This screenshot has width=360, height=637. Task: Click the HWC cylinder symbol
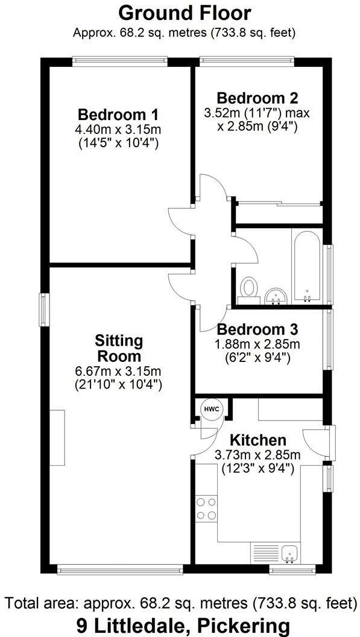click(x=212, y=409)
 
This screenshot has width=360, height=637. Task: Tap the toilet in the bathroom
click(x=247, y=289)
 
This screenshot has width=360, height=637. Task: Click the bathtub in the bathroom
click(x=308, y=265)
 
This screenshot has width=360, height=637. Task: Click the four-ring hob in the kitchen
click(x=206, y=508)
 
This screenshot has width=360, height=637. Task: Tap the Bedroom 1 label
click(x=118, y=115)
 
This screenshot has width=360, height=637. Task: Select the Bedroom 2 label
click(x=257, y=98)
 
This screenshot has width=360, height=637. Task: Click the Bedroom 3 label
click(x=257, y=330)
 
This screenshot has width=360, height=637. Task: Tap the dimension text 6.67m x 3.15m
click(x=118, y=370)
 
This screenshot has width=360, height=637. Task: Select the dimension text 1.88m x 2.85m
click(x=257, y=344)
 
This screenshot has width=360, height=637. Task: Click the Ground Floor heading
click(x=185, y=13)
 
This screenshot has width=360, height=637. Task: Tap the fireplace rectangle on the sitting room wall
click(x=57, y=437)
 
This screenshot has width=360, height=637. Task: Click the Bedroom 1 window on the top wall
click(x=119, y=60)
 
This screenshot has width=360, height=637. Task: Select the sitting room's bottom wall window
click(x=119, y=568)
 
